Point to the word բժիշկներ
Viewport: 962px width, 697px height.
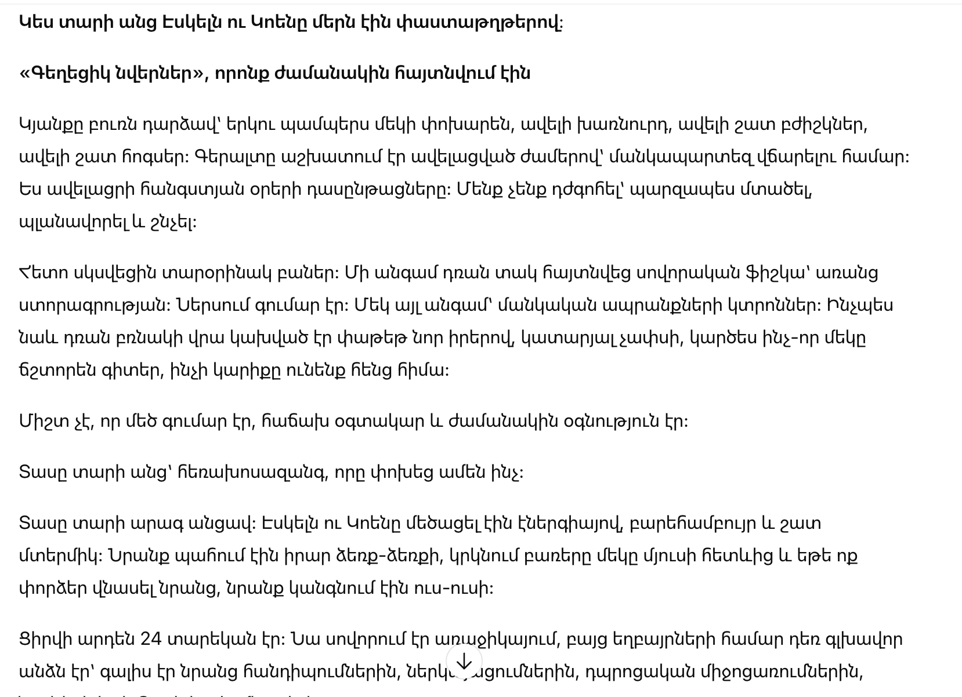820,125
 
